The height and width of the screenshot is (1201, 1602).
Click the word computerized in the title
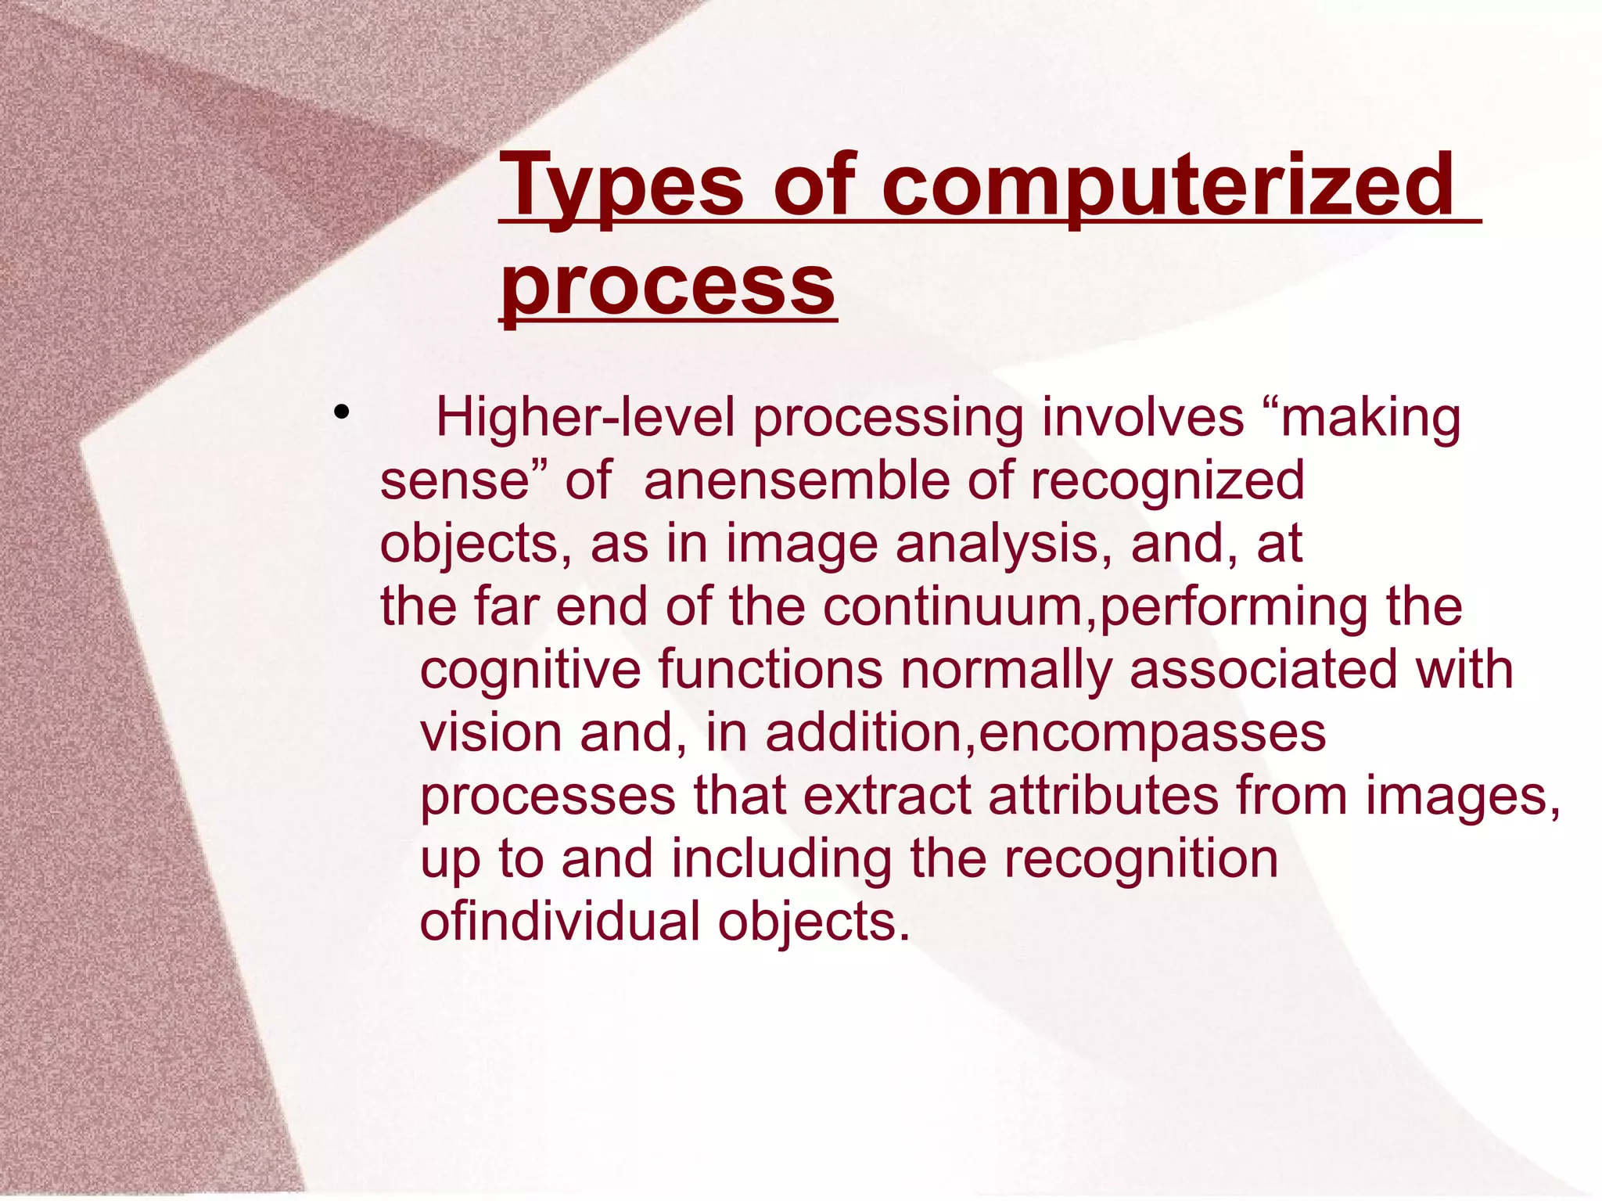coord(1169,186)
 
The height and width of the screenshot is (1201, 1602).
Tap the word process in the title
coord(669,285)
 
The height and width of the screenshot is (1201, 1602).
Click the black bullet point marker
coord(339,412)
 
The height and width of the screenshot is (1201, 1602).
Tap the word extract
coord(887,796)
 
